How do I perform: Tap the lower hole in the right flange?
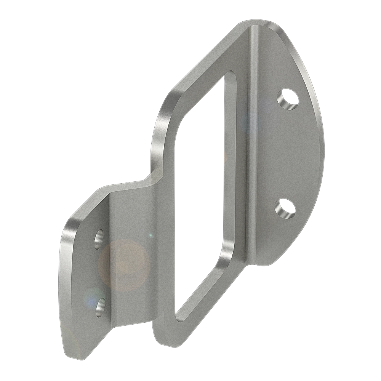click(x=286, y=208)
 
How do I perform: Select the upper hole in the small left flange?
click(x=99, y=239)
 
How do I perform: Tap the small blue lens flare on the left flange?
click(x=91, y=297)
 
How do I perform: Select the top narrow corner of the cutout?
click(x=229, y=74)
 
